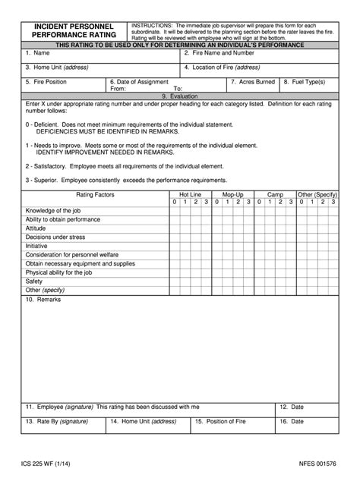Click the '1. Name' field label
[x=37, y=54]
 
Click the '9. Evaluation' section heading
[x=179, y=96]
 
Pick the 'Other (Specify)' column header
[x=317, y=195]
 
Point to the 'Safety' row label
[x=34, y=281]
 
